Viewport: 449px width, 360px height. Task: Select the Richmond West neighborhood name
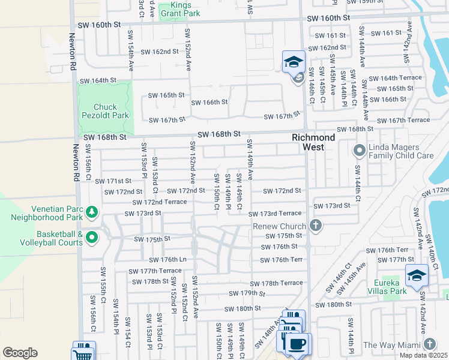[316, 142]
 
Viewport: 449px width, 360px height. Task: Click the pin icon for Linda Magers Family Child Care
[360, 149]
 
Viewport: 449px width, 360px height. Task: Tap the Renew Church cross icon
[316, 226]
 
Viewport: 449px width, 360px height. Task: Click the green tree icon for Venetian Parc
[92, 212]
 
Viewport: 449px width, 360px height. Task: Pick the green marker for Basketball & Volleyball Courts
[92, 238]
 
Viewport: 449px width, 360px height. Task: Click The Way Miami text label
[392, 344]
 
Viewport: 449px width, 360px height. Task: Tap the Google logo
[20, 352]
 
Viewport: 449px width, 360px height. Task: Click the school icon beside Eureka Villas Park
[417, 275]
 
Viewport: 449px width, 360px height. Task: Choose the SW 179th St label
[247, 293]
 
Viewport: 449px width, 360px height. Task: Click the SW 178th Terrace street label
[282, 283]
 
